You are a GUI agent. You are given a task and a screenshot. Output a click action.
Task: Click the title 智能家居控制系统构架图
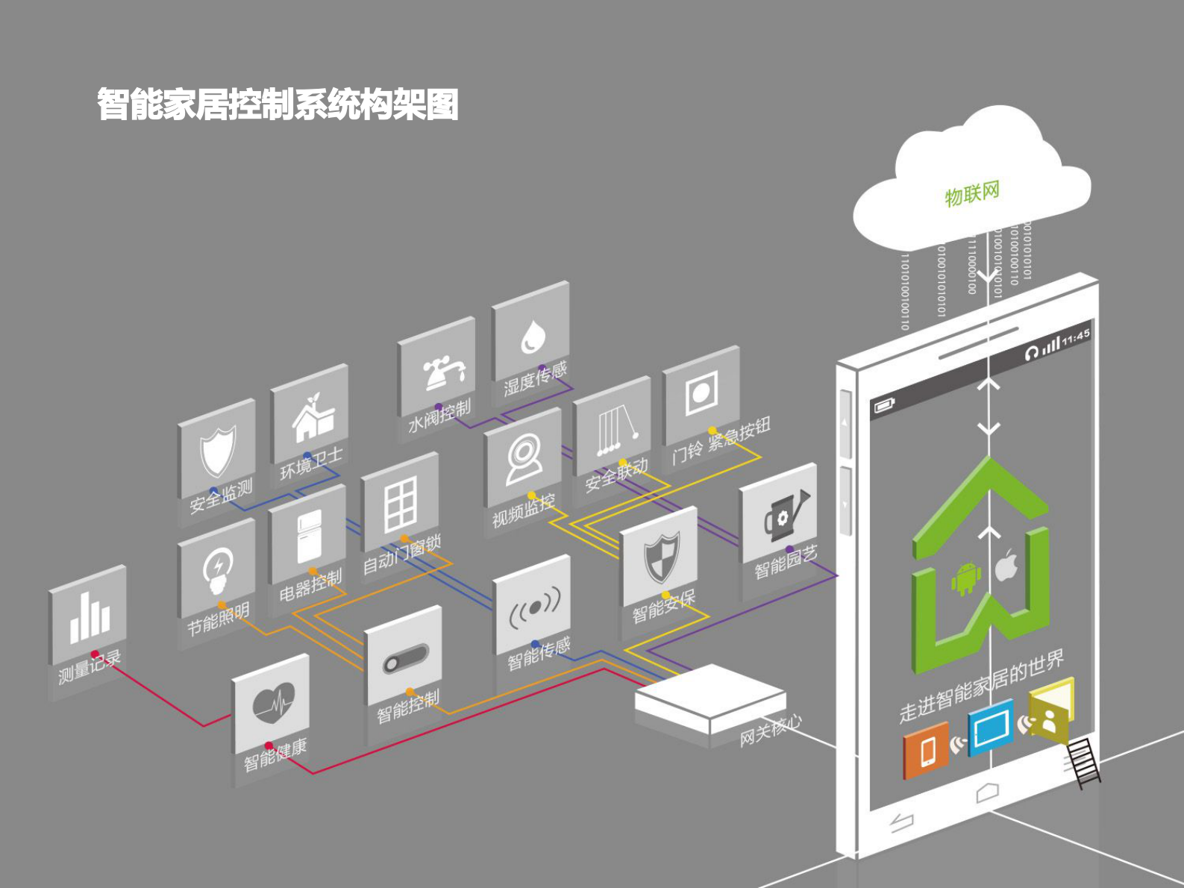pos(278,104)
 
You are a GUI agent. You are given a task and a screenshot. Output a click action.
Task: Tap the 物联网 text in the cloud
pos(971,194)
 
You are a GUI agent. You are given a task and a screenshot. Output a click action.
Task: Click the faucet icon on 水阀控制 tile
pos(443,372)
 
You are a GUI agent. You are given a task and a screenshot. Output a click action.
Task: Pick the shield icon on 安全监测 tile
pos(218,450)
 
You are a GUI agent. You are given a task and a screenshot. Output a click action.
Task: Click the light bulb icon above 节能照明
pos(217,569)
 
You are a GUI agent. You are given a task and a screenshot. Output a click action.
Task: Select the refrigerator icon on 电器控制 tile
pos(309,535)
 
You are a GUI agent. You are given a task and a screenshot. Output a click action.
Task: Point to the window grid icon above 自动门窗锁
pos(401,505)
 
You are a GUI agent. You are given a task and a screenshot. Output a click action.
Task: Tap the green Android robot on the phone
pos(965,578)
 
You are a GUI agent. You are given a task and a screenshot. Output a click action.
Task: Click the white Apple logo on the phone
pos(1006,566)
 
